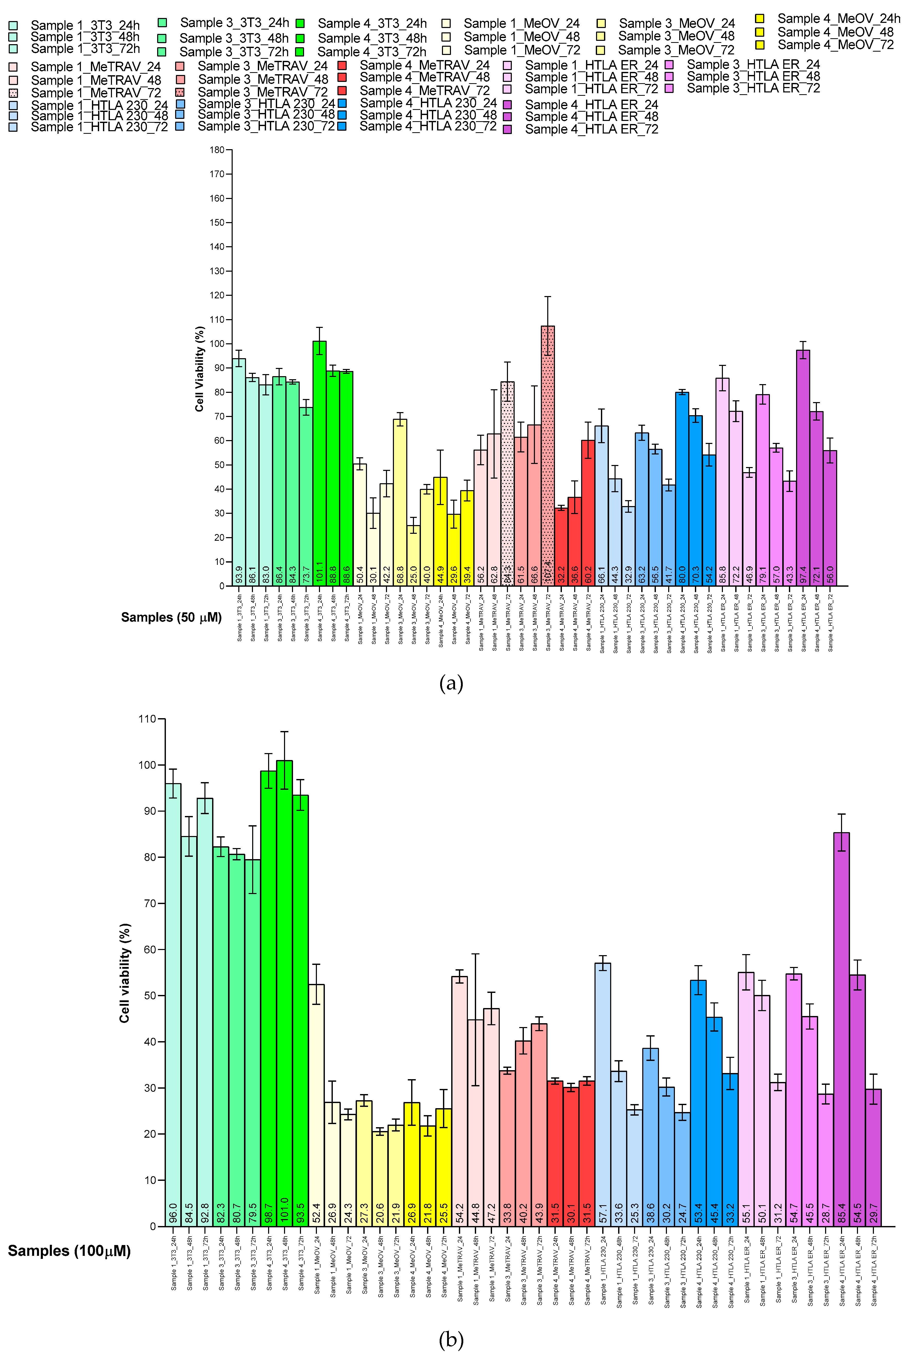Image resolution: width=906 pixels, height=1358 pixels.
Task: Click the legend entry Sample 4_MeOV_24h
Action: [838, 18]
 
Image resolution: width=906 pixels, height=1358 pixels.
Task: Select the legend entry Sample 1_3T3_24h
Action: [85, 25]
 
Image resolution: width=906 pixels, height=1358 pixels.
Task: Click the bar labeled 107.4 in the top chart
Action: [547, 456]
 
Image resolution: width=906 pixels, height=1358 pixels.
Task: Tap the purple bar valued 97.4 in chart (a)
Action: [803, 468]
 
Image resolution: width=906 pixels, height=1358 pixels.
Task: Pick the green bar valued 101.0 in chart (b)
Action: [284, 993]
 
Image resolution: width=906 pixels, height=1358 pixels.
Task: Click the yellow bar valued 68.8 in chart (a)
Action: [400, 502]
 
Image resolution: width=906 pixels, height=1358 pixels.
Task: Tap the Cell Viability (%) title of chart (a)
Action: [199, 368]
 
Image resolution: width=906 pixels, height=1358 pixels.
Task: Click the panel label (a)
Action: [451, 683]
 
